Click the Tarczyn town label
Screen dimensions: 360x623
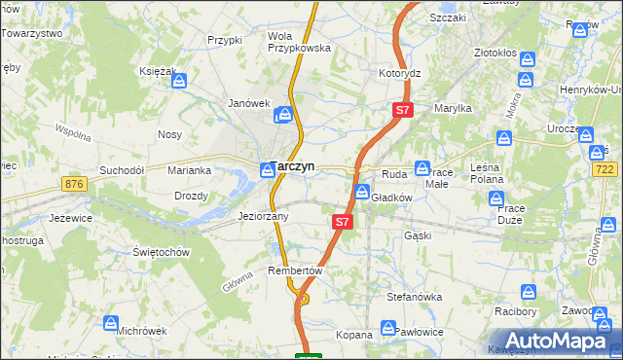tap(292, 166)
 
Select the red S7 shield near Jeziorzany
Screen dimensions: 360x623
tap(342, 222)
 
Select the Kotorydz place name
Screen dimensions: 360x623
tap(399, 73)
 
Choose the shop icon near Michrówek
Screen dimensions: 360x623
tap(111, 322)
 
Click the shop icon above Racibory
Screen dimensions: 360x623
tap(530, 291)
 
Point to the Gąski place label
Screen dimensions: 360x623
tap(417, 235)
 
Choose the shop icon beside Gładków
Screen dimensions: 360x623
tap(362, 192)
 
